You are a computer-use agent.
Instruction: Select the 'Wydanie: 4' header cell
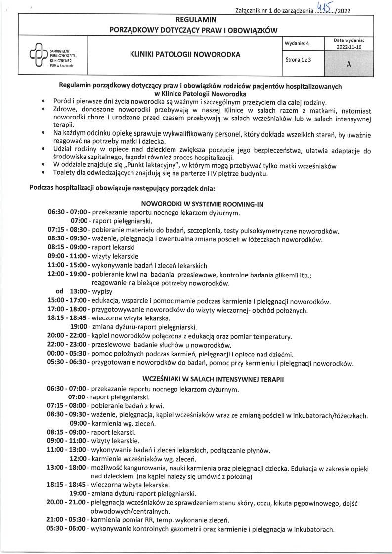pos(297,42)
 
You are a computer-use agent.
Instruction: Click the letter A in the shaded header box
pos(349,64)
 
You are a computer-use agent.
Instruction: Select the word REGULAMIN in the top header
pos(196,20)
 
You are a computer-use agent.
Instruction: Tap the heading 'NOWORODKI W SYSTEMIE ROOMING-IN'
pos(196,203)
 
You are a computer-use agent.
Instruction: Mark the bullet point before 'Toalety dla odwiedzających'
pos(44,173)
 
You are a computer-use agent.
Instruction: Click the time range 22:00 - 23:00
pos(66,345)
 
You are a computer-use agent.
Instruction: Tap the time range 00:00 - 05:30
pos(66,354)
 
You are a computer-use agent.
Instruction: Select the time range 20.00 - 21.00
pos(66,502)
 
